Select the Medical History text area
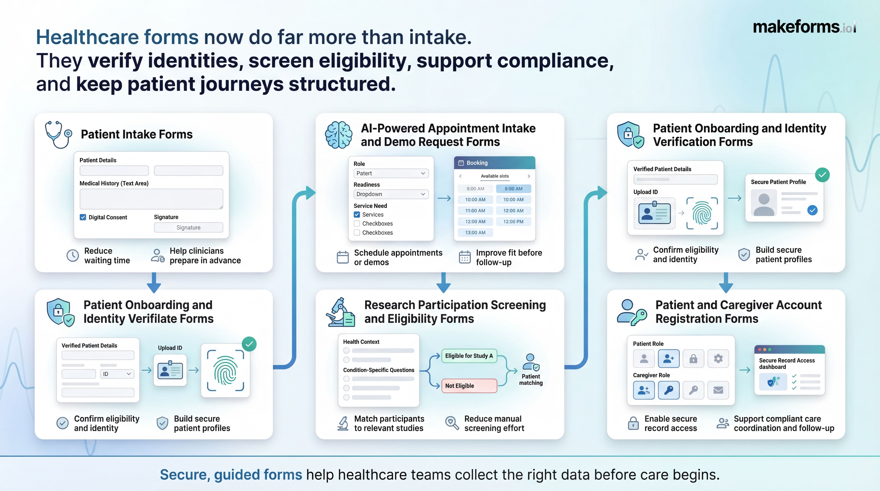[x=151, y=199]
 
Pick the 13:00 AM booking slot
[x=475, y=233]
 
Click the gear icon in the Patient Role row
[x=718, y=359]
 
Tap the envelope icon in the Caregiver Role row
[x=718, y=390]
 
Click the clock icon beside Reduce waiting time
[x=72, y=255]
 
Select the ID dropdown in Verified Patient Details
[x=117, y=374]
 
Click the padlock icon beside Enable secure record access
[x=633, y=423]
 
